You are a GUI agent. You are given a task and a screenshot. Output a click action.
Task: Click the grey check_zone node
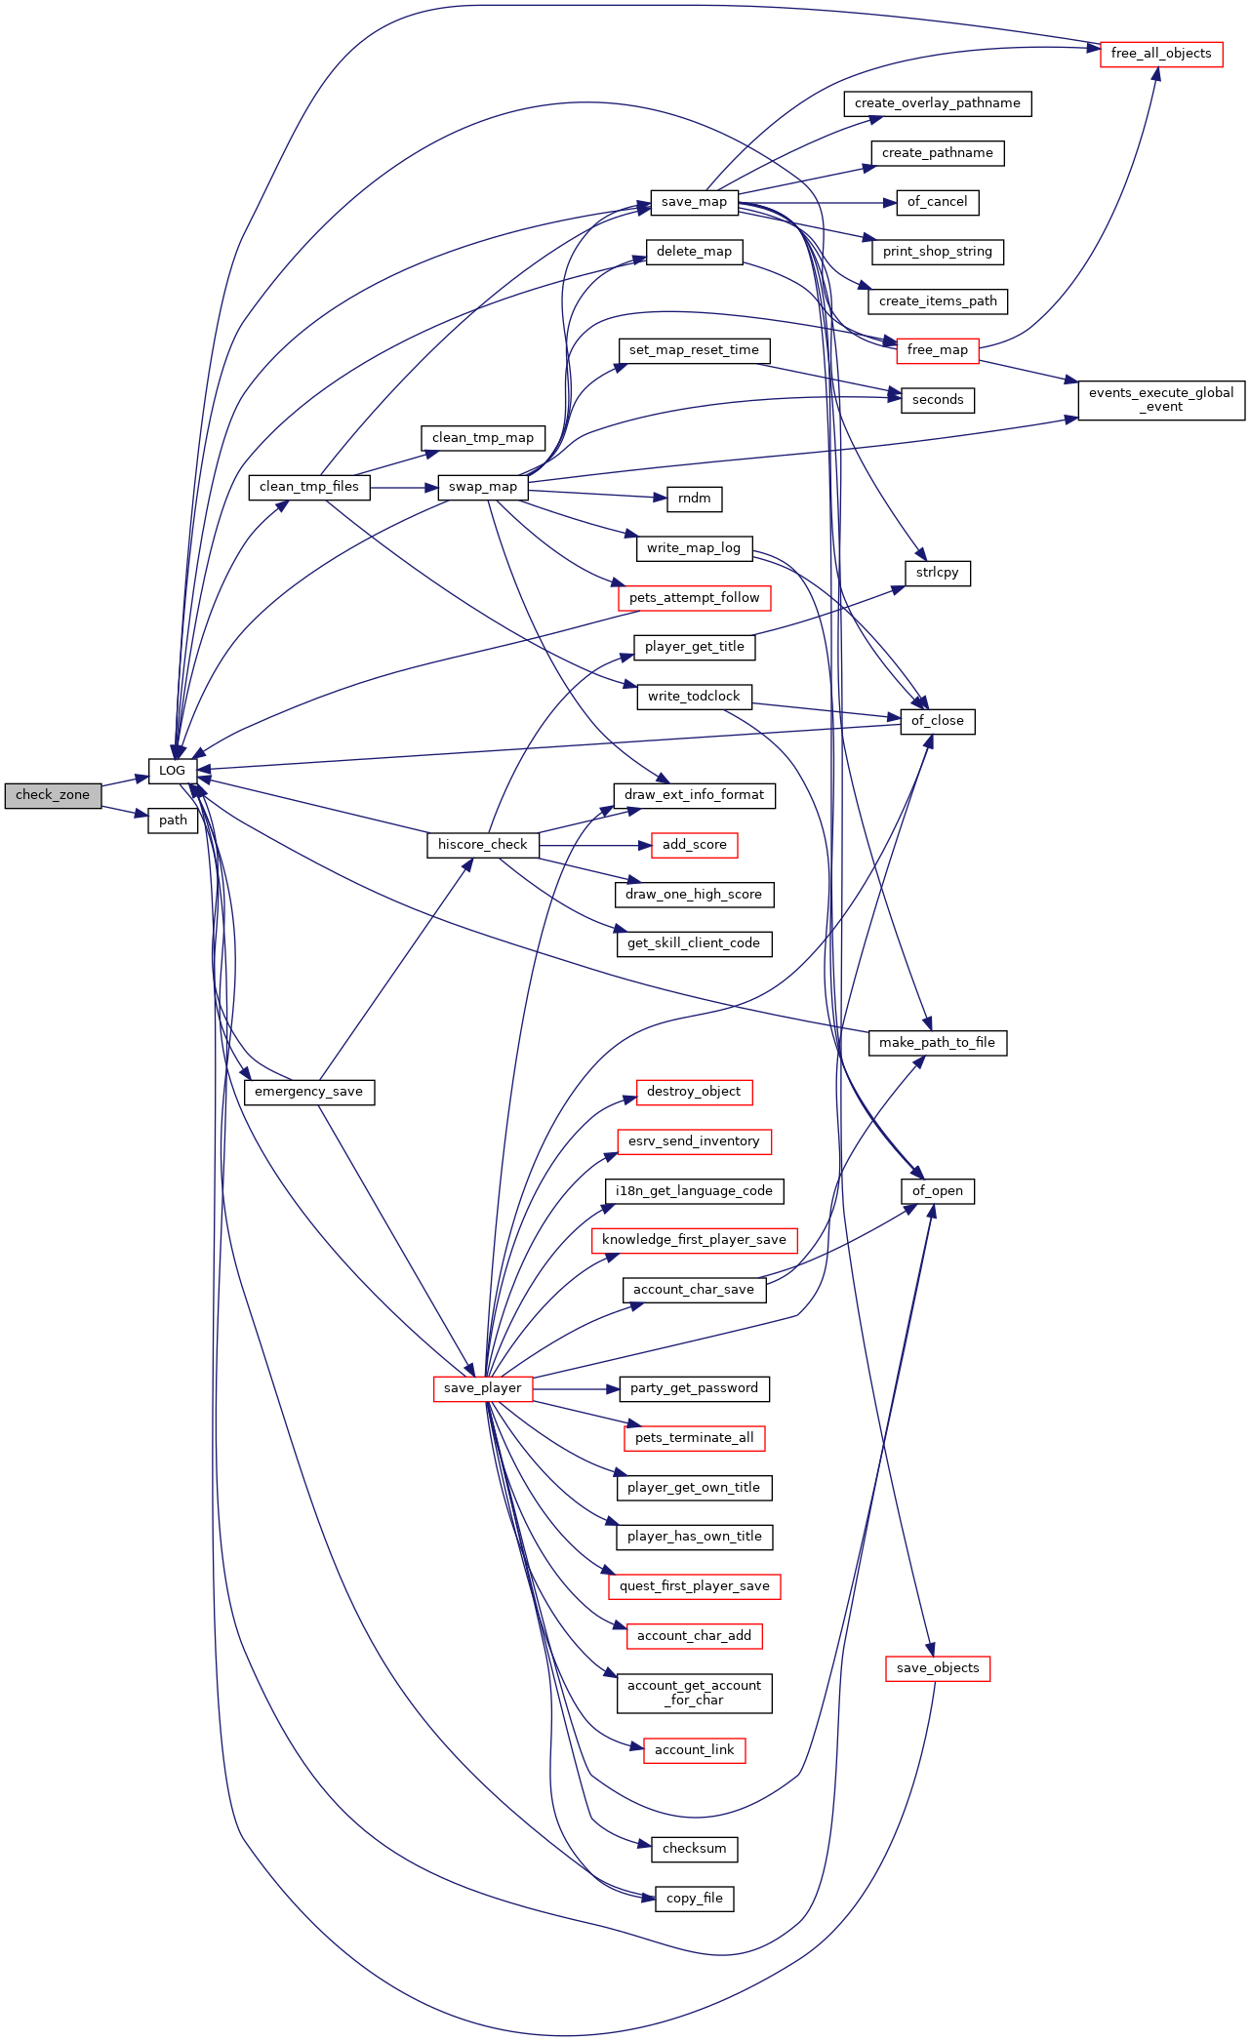pos(53,795)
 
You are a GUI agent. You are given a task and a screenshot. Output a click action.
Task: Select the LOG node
pos(172,771)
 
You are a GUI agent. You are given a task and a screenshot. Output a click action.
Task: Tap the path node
pos(173,820)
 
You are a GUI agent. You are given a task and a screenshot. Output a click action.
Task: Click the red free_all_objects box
pos(1160,54)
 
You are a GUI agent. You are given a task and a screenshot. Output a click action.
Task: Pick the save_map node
pos(694,202)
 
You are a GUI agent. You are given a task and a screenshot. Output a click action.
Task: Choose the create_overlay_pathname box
pos(937,103)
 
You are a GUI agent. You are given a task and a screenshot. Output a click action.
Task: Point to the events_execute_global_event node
pos(1160,400)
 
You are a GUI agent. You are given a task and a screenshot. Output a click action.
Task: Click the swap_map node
pos(482,487)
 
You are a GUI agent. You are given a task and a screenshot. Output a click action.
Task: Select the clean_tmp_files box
pos(308,487)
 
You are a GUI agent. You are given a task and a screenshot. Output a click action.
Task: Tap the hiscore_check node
pos(482,845)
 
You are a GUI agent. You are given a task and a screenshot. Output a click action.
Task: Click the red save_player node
pos(482,1388)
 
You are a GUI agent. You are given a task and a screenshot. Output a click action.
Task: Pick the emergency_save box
pos(308,1092)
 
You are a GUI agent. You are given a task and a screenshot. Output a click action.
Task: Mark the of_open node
pos(937,1191)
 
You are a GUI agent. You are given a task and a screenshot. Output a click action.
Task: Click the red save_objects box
pos(937,1668)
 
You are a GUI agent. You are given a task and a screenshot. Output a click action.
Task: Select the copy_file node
pos(694,1899)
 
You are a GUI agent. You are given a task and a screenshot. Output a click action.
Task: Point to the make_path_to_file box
pos(937,1043)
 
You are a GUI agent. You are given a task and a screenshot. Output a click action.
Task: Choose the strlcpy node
pos(937,573)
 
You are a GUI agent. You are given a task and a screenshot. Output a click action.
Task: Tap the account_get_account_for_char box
pos(694,1693)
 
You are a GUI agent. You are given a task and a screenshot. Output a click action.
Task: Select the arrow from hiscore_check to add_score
pos(594,845)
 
